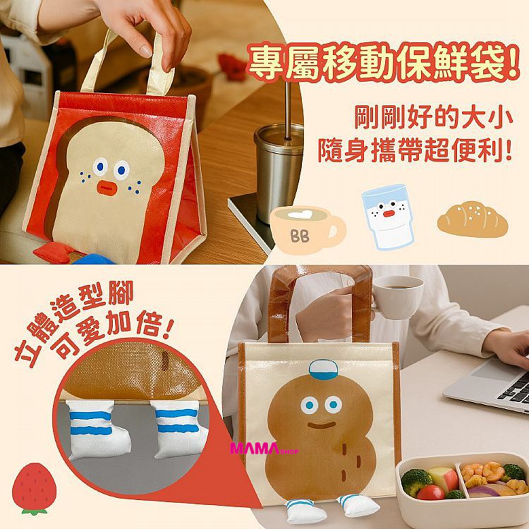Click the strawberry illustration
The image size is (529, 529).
pos(34,488)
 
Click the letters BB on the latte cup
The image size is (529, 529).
pos(300,236)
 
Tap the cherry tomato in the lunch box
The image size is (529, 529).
pos(431,493)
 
